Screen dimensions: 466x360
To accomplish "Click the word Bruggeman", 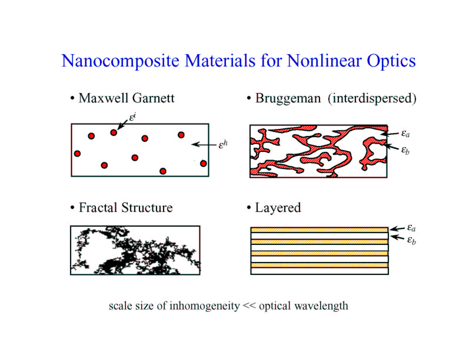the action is tap(288, 99).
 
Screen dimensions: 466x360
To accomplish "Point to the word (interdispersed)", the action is tap(372, 99).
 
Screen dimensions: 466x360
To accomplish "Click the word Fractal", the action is tap(98, 208).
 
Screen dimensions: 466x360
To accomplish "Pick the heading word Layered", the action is tap(278, 208).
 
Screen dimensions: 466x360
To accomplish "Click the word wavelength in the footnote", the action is tap(322, 306).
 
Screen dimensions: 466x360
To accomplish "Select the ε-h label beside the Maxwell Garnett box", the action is tap(223, 144).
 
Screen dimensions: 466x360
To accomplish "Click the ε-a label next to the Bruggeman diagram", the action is tap(405, 134).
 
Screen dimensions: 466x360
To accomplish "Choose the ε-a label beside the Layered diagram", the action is tap(411, 228).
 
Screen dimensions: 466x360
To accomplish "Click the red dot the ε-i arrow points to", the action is tap(114, 132).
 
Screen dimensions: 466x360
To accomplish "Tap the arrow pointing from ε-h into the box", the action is tap(204, 145).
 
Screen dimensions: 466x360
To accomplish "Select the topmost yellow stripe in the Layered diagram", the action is tap(319, 230).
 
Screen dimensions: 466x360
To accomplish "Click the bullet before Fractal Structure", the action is tap(72, 208).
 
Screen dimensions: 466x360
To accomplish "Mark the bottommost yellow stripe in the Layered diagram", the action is tap(319, 265).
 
